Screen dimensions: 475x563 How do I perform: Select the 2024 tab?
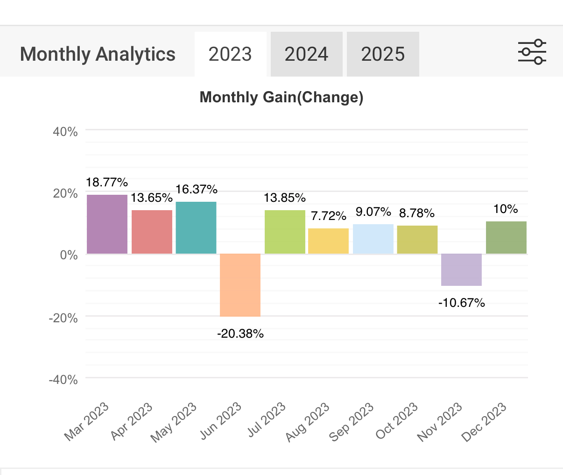pos(306,54)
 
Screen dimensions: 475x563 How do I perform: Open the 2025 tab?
pos(383,54)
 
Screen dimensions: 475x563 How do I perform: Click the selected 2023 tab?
pos(230,54)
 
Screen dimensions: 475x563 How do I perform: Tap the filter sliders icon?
pos(532,52)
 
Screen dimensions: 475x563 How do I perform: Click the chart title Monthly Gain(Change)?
pos(281,97)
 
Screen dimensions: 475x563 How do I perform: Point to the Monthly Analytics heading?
pos(98,54)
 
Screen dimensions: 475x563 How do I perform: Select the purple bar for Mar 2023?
pos(107,224)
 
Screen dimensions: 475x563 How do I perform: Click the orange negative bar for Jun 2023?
pos(240,285)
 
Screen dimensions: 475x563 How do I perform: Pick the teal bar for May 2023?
pos(196,228)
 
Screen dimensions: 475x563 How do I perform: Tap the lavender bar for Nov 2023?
pos(462,269)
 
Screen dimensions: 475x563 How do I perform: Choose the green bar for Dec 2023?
pos(506,238)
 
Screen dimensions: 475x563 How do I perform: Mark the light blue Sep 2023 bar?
pos(373,239)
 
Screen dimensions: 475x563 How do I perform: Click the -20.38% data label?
pos(240,333)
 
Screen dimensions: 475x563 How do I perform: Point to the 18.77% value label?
pos(107,182)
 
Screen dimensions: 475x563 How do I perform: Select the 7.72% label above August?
pos(329,216)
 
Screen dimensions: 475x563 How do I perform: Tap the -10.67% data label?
pos(462,303)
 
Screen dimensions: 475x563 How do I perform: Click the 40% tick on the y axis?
pos(65,132)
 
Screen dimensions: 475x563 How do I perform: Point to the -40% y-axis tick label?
pos(63,380)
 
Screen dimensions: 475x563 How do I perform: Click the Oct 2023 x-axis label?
pos(397,421)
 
